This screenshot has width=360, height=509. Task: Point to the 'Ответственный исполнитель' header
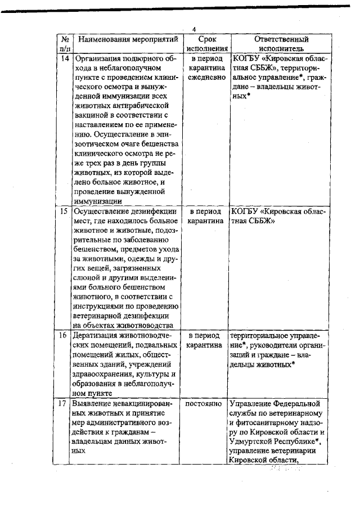pyautogui.click(x=281, y=44)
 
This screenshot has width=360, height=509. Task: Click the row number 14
pyautogui.click(x=65, y=58)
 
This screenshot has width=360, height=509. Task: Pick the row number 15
pyautogui.click(x=65, y=212)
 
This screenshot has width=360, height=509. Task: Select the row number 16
pyautogui.click(x=65, y=336)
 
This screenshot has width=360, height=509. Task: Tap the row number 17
pyautogui.click(x=65, y=404)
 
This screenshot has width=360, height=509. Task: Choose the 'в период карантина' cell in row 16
pyautogui.click(x=204, y=340)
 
